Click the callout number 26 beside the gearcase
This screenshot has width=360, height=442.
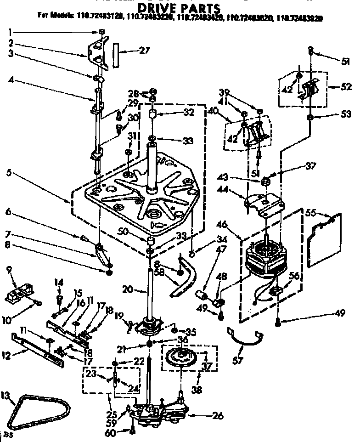[218, 416]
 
